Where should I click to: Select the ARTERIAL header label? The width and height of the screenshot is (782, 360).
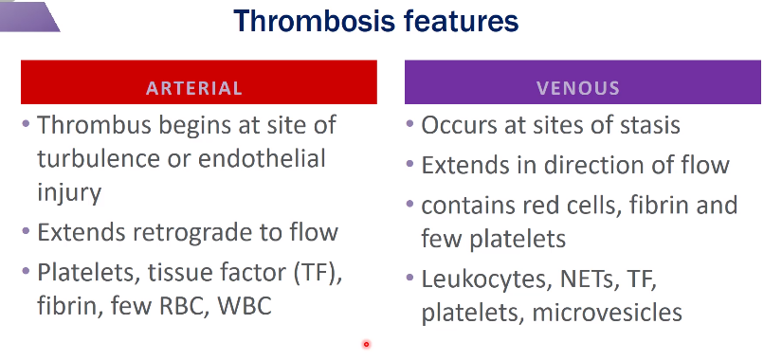point(194,88)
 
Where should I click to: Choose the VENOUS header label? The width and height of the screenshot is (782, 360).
point(578,88)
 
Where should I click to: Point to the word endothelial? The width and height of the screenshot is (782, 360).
point(262,158)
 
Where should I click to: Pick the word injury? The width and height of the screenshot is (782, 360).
point(69,192)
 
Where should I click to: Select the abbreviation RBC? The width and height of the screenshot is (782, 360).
point(184,306)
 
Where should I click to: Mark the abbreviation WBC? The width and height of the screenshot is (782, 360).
point(245,306)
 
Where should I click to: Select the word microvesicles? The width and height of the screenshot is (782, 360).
point(608,313)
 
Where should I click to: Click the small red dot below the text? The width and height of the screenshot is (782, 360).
point(367,344)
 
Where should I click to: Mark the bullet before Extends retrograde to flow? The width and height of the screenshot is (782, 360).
point(26,231)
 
